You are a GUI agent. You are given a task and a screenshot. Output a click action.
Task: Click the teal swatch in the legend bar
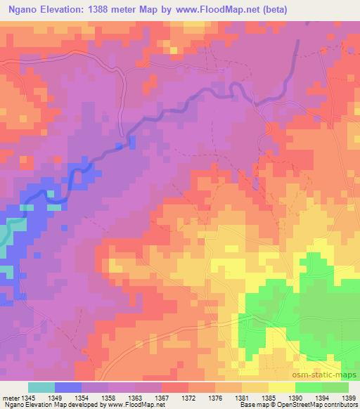pyautogui.click(x=41, y=387)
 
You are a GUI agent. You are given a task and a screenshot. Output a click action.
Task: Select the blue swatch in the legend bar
pyautogui.click(x=67, y=387)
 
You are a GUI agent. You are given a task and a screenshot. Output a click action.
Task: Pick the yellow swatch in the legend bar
pyautogui.click(x=281, y=387)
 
